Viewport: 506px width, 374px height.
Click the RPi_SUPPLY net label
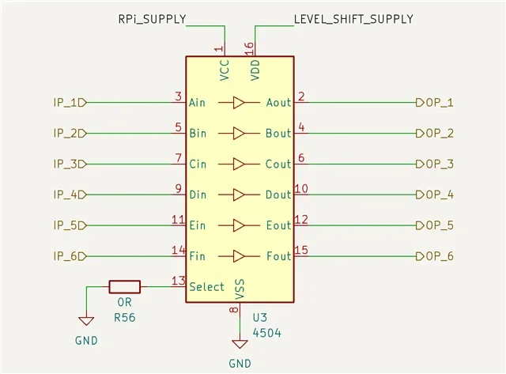(152, 18)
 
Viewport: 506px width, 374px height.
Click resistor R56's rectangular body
(124, 286)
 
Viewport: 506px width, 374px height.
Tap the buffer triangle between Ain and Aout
(240, 102)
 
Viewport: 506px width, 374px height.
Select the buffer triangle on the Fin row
(240, 256)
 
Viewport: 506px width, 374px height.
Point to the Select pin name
(206, 287)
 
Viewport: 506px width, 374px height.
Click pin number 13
(179, 280)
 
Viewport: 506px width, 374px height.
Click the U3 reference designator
(261, 317)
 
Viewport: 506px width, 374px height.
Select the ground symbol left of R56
(85, 321)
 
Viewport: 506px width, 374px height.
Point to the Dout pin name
(278, 195)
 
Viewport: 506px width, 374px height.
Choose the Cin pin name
(198, 164)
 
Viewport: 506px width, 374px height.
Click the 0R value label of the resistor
(124, 303)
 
